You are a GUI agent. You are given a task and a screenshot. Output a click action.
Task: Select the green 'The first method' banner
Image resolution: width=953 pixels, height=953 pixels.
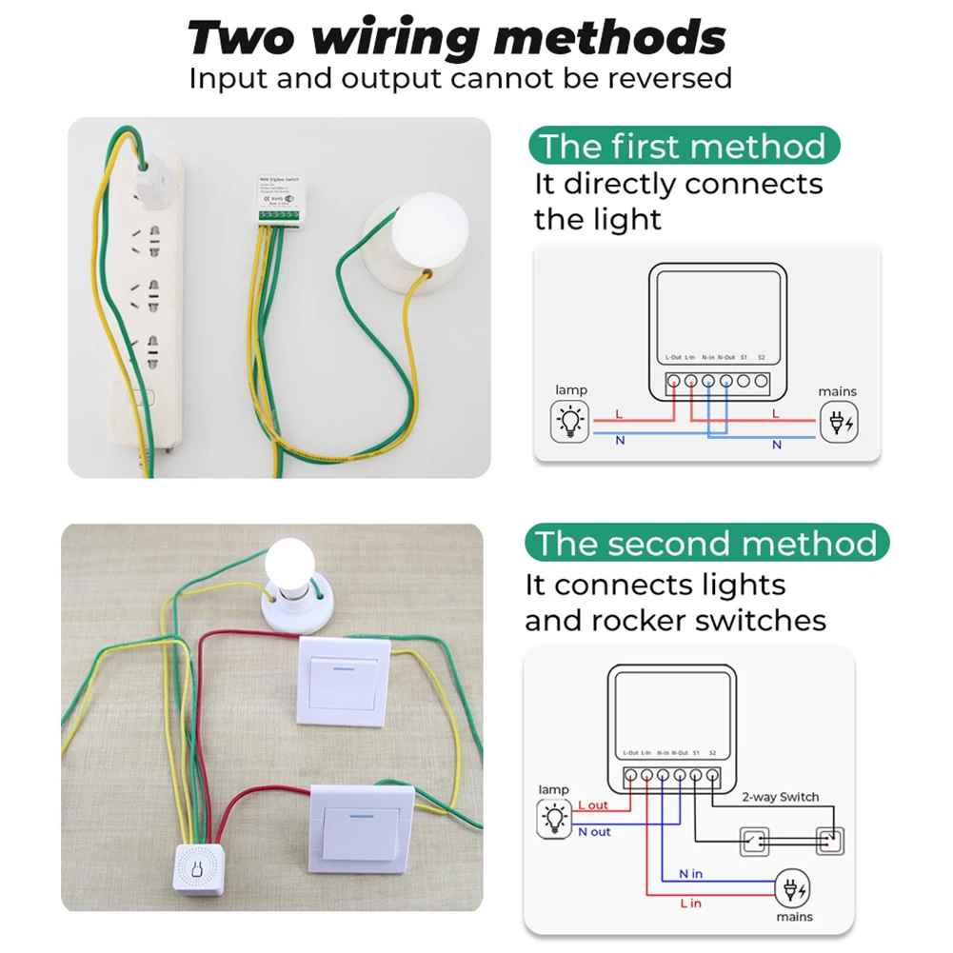683,147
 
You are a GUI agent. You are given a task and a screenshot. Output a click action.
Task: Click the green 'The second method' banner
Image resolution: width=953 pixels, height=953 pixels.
705,544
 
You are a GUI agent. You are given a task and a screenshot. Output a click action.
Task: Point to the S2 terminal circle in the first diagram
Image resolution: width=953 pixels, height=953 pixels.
761,382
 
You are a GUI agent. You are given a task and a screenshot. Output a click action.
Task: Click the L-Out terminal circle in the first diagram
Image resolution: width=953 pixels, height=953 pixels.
674,382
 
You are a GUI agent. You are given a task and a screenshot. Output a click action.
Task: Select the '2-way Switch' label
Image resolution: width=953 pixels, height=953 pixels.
780,797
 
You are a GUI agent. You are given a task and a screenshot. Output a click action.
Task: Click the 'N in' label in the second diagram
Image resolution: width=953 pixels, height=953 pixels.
691,873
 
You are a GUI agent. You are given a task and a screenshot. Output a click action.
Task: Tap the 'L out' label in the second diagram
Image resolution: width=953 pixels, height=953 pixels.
593,805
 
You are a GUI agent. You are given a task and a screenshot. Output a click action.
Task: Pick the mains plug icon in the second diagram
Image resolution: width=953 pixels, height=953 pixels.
793,890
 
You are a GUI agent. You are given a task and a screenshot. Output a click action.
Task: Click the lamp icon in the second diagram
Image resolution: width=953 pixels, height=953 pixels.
553,819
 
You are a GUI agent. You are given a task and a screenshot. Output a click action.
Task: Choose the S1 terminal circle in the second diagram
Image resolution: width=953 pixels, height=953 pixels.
696,777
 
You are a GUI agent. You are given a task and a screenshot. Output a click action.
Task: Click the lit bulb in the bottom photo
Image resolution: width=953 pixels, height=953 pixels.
291,564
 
